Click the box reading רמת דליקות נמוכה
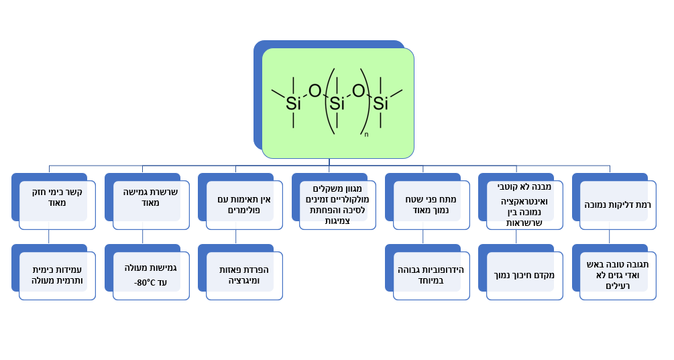tap(617, 204)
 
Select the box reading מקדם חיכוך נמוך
tap(524, 275)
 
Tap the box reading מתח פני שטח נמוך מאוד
tap(431, 204)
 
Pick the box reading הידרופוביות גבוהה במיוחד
tap(431, 275)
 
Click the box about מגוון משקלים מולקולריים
tap(337, 204)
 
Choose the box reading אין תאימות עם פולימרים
tap(243, 204)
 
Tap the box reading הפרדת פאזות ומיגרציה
tap(243, 275)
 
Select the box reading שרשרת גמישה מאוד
tap(150, 204)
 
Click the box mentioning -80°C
tap(150, 275)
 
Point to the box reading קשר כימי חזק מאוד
tap(57, 204)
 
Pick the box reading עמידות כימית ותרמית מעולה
tap(57, 275)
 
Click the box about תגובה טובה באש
tap(617, 275)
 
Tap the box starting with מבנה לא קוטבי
tap(524, 204)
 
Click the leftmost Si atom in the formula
tap(293, 103)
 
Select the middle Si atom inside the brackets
tap(337, 103)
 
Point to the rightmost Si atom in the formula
tap(380, 103)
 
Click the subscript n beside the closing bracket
tap(366, 135)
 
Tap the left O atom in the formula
tap(315, 91)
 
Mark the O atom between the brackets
tap(358, 91)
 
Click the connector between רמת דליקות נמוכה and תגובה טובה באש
tap(610, 237)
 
